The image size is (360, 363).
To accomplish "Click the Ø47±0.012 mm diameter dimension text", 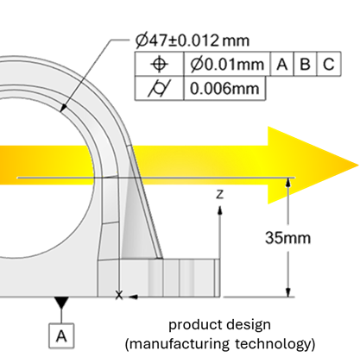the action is [x=193, y=41].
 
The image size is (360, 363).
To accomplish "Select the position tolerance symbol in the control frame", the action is [x=159, y=64].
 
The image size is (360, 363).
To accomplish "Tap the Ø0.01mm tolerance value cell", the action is [x=227, y=64].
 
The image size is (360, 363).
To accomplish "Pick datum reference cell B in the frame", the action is [x=305, y=64].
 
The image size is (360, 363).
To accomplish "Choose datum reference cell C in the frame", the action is [x=329, y=64].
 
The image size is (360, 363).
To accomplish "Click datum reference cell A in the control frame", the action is [x=282, y=64].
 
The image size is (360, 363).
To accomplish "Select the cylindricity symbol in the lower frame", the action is [x=159, y=88].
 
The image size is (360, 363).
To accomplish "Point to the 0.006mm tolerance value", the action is [x=224, y=88].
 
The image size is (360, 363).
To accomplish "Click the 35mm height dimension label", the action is [x=287, y=238].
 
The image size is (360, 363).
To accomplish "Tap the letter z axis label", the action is [x=219, y=195].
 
